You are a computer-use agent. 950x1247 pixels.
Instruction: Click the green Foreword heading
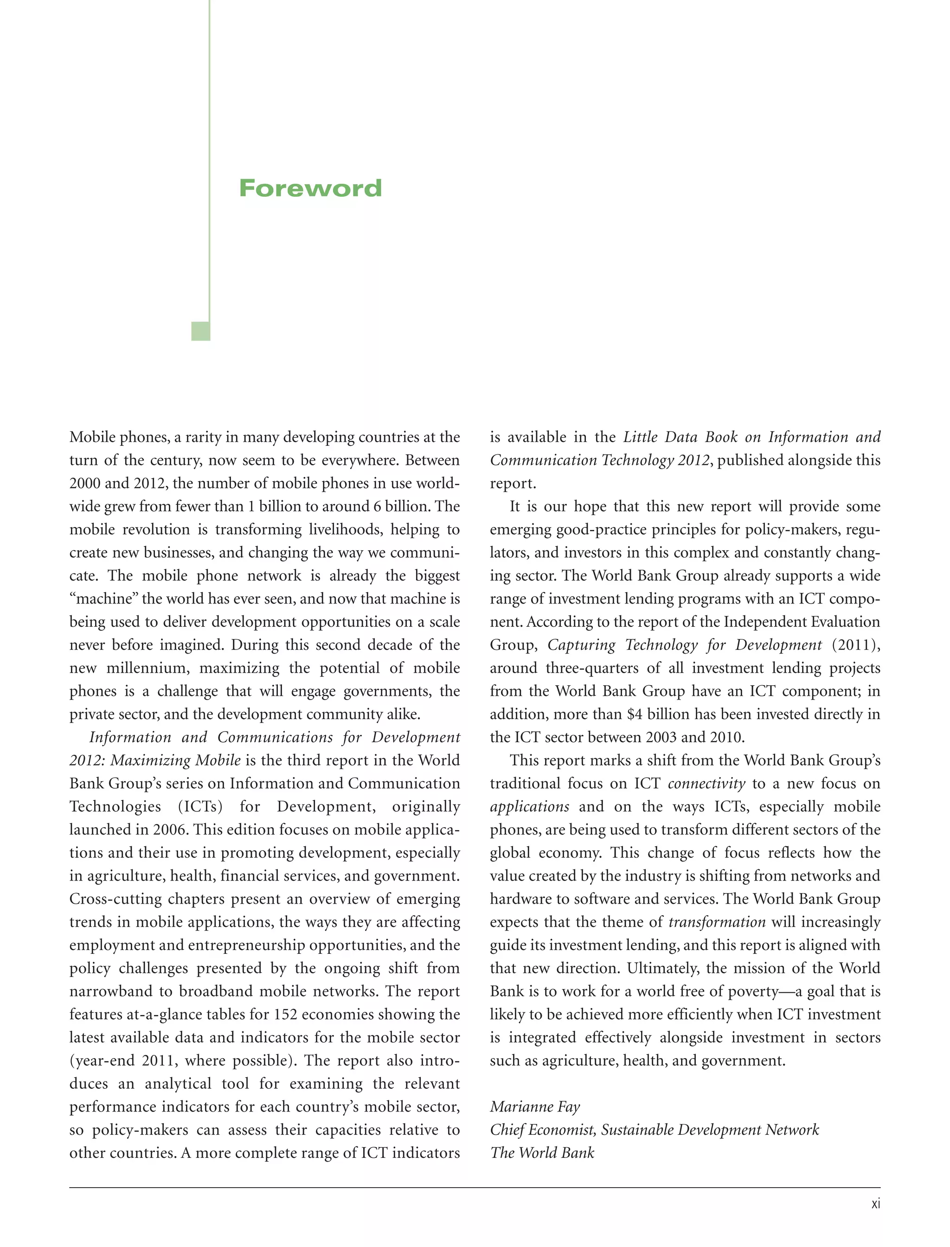(310, 188)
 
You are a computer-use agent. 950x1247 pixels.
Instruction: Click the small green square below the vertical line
(201, 331)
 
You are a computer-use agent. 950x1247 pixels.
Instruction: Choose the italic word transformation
(717, 922)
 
